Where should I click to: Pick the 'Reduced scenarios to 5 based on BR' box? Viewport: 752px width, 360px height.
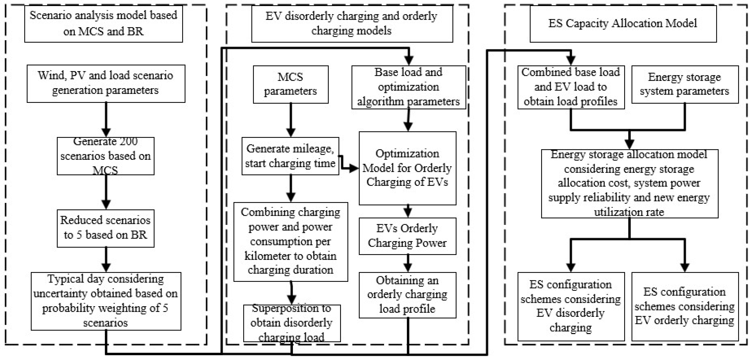point(105,228)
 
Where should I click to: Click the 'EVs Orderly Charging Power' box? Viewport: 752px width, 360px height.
point(407,236)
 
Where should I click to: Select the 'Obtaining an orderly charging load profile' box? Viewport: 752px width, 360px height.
point(407,295)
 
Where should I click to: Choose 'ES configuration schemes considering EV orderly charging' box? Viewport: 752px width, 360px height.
point(685,306)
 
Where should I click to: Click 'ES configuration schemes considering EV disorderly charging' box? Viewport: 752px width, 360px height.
point(571,306)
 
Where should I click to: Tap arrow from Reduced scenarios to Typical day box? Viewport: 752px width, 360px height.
point(106,260)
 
